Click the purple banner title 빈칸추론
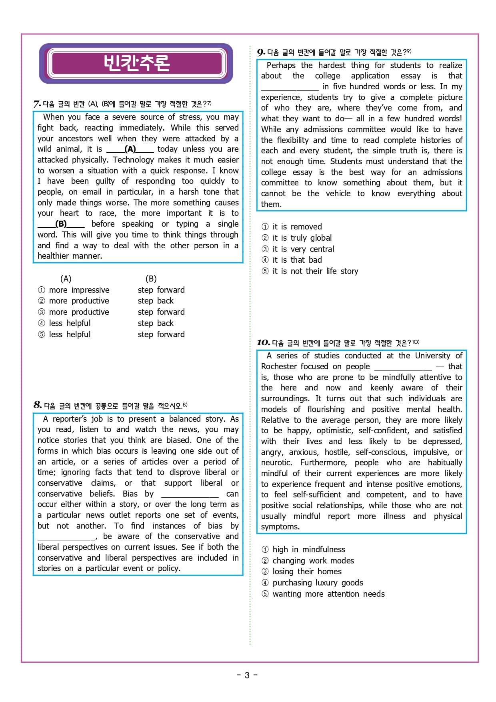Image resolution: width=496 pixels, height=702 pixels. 136,63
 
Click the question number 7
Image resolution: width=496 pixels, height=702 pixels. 37,104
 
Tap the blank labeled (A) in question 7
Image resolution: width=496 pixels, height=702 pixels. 130,149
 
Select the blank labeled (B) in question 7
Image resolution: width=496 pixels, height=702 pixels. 61,224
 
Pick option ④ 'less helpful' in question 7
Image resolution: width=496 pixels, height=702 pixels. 70,323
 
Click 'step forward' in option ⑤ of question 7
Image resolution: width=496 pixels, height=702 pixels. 161,334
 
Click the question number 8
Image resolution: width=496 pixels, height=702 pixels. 38,405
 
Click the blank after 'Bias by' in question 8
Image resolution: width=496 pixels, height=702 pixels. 190,494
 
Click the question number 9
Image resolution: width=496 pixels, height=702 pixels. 261,52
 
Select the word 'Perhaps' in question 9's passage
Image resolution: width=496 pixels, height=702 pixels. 281,65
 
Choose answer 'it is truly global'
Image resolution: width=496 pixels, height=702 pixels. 302,238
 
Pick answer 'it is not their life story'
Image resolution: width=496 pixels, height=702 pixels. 315,271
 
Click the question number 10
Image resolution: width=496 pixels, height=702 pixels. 263,343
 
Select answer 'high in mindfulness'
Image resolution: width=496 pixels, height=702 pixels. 308,549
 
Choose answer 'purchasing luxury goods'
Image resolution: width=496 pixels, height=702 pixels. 318,583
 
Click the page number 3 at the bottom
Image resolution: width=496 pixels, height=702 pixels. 247,675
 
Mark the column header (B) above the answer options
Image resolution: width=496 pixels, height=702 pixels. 151,279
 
